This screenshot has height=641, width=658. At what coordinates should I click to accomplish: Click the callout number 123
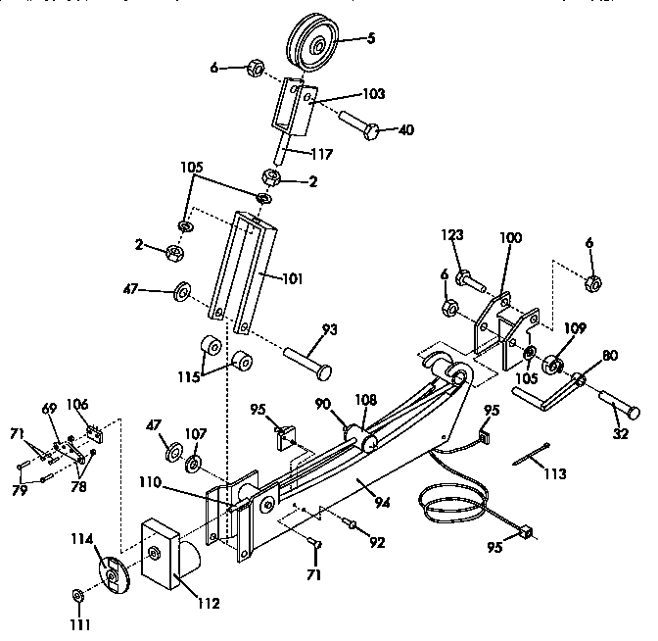[x=451, y=235]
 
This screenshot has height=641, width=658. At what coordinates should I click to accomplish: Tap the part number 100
[x=511, y=238]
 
